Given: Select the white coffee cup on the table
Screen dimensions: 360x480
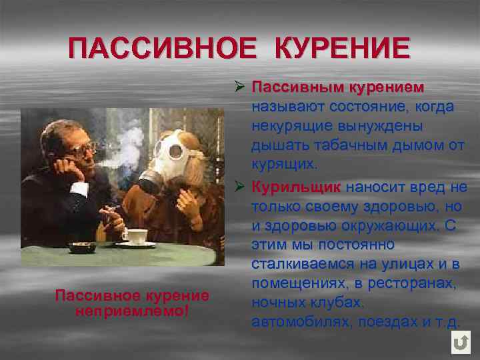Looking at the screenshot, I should (135, 236).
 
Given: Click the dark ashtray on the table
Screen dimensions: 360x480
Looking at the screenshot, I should (81, 246).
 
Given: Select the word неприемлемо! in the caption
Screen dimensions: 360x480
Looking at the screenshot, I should (132, 310).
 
